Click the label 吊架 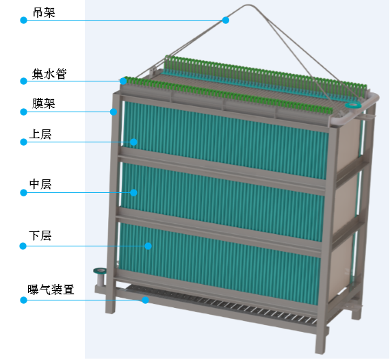click(x=44, y=12)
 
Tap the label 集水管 click(x=49, y=74)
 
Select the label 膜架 click(x=44, y=103)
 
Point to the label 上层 click(x=40, y=134)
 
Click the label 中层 click(x=40, y=184)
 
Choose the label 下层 click(x=40, y=235)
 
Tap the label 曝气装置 click(x=51, y=290)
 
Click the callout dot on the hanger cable click(x=226, y=20)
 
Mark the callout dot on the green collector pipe click(x=123, y=81)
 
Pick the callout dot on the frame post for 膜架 click(x=114, y=112)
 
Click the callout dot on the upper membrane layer click(x=133, y=142)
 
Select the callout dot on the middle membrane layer click(x=133, y=192)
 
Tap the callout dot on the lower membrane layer click(x=148, y=246)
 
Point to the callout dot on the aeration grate click(x=145, y=300)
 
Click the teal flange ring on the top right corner click(x=353, y=105)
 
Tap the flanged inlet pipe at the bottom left click(x=99, y=277)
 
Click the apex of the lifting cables click(x=249, y=5)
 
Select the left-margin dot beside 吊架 click(x=23, y=20)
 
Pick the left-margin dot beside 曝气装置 click(x=23, y=300)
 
